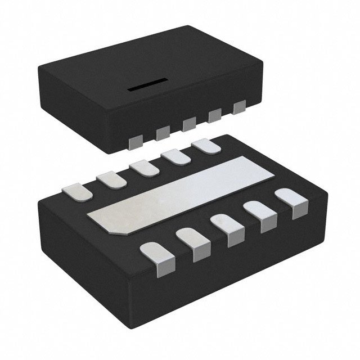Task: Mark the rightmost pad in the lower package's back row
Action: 205,145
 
